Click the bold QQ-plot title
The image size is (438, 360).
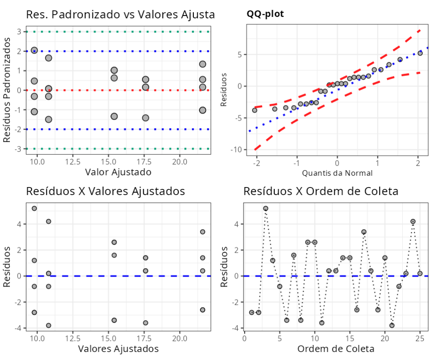265,14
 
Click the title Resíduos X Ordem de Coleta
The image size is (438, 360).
321,191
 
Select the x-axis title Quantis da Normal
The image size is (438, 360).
337,173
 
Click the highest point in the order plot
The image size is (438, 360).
265,208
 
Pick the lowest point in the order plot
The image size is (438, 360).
392,326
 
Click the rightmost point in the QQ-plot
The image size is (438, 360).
420,53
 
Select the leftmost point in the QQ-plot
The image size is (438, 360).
255,110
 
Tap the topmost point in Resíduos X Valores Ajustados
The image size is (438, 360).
34,208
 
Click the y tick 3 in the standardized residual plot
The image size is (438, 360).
19,32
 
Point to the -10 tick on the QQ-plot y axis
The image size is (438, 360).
234,149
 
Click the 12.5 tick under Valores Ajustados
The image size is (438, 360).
73,338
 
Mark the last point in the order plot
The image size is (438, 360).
420,273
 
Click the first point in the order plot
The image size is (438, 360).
251,312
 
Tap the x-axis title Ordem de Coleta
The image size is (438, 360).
336,349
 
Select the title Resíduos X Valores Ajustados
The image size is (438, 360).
105,191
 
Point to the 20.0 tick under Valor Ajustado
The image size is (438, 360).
179,161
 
